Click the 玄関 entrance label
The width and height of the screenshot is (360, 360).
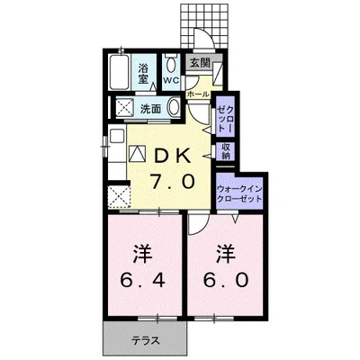coord(200,62)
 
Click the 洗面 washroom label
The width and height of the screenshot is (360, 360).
coord(150,109)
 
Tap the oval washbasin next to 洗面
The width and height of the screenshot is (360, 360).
coord(174,108)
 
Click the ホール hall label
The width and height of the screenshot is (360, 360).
coord(197,94)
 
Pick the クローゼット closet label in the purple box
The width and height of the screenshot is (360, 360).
coord(225,115)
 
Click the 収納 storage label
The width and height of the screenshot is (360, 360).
coord(226,150)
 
